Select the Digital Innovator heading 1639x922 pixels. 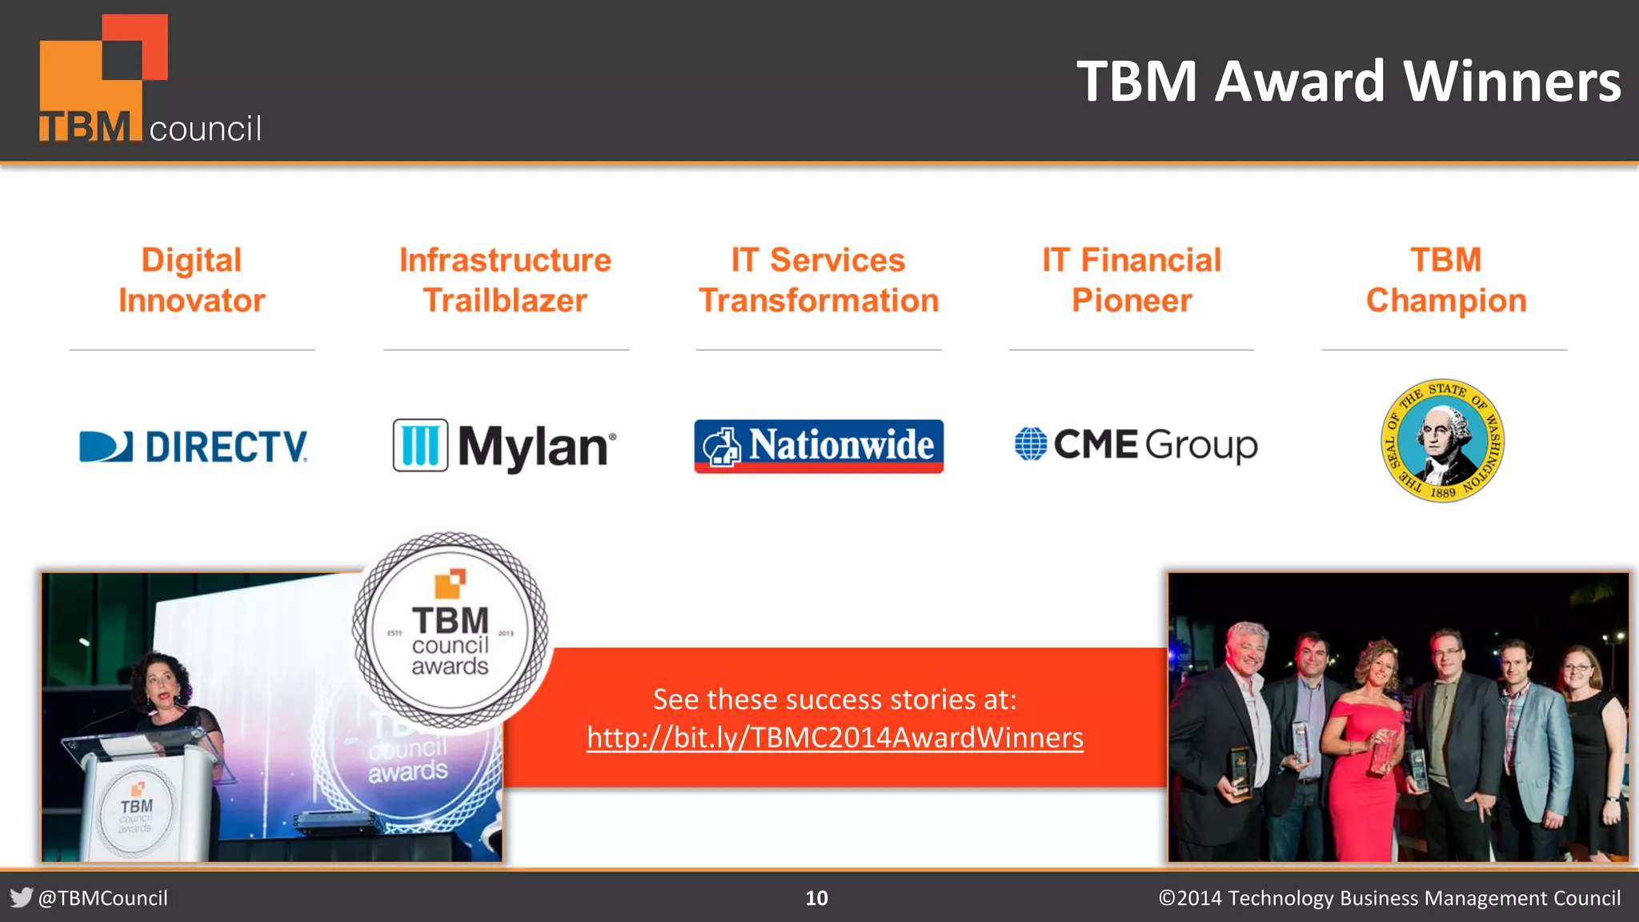point(192,280)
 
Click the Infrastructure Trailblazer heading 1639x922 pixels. point(505,280)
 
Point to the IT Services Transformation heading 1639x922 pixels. point(818,280)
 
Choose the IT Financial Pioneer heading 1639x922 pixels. point(1131,280)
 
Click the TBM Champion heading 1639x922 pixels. point(1445,280)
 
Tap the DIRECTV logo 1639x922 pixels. point(194,447)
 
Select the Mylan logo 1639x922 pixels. point(505,446)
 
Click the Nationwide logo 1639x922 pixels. point(818,446)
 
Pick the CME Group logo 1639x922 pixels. point(1136,444)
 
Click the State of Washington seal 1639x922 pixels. point(1443,441)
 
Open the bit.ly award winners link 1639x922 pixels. point(835,737)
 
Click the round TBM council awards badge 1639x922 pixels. point(450,631)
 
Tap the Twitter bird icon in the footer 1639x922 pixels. point(22,897)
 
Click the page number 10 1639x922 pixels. point(816,898)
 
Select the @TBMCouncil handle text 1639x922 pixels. point(103,898)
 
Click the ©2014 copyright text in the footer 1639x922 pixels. point(1389,898)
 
